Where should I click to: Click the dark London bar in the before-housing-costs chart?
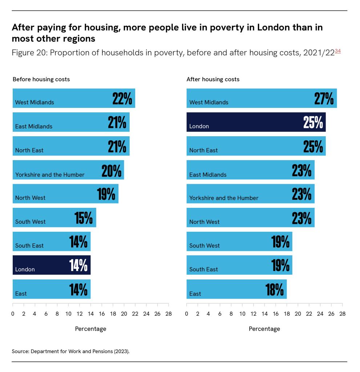point(51,265)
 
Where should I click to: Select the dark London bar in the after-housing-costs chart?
point(256,122)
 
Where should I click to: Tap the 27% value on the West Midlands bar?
point(324,99)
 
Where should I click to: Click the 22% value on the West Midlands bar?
point(122,99)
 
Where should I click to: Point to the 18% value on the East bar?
point(274,290)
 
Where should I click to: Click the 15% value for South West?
point(83,218)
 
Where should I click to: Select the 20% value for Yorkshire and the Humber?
point(111,170)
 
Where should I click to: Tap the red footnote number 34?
point(337,51)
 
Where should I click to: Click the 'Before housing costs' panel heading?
point(41,79)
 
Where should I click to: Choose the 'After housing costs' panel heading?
point(213,79)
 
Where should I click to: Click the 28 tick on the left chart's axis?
point(168,313)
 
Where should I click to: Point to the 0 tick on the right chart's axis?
point(187,313)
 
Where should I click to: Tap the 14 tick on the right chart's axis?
point(264,313)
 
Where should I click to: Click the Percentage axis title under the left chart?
point(90,329)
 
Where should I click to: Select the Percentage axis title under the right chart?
point(264,329)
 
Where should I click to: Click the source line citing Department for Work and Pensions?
point(70,352)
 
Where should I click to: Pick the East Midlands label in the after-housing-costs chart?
point(208,175)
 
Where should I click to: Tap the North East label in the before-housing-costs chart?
point(29,150)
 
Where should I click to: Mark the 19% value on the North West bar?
point(106,194)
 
